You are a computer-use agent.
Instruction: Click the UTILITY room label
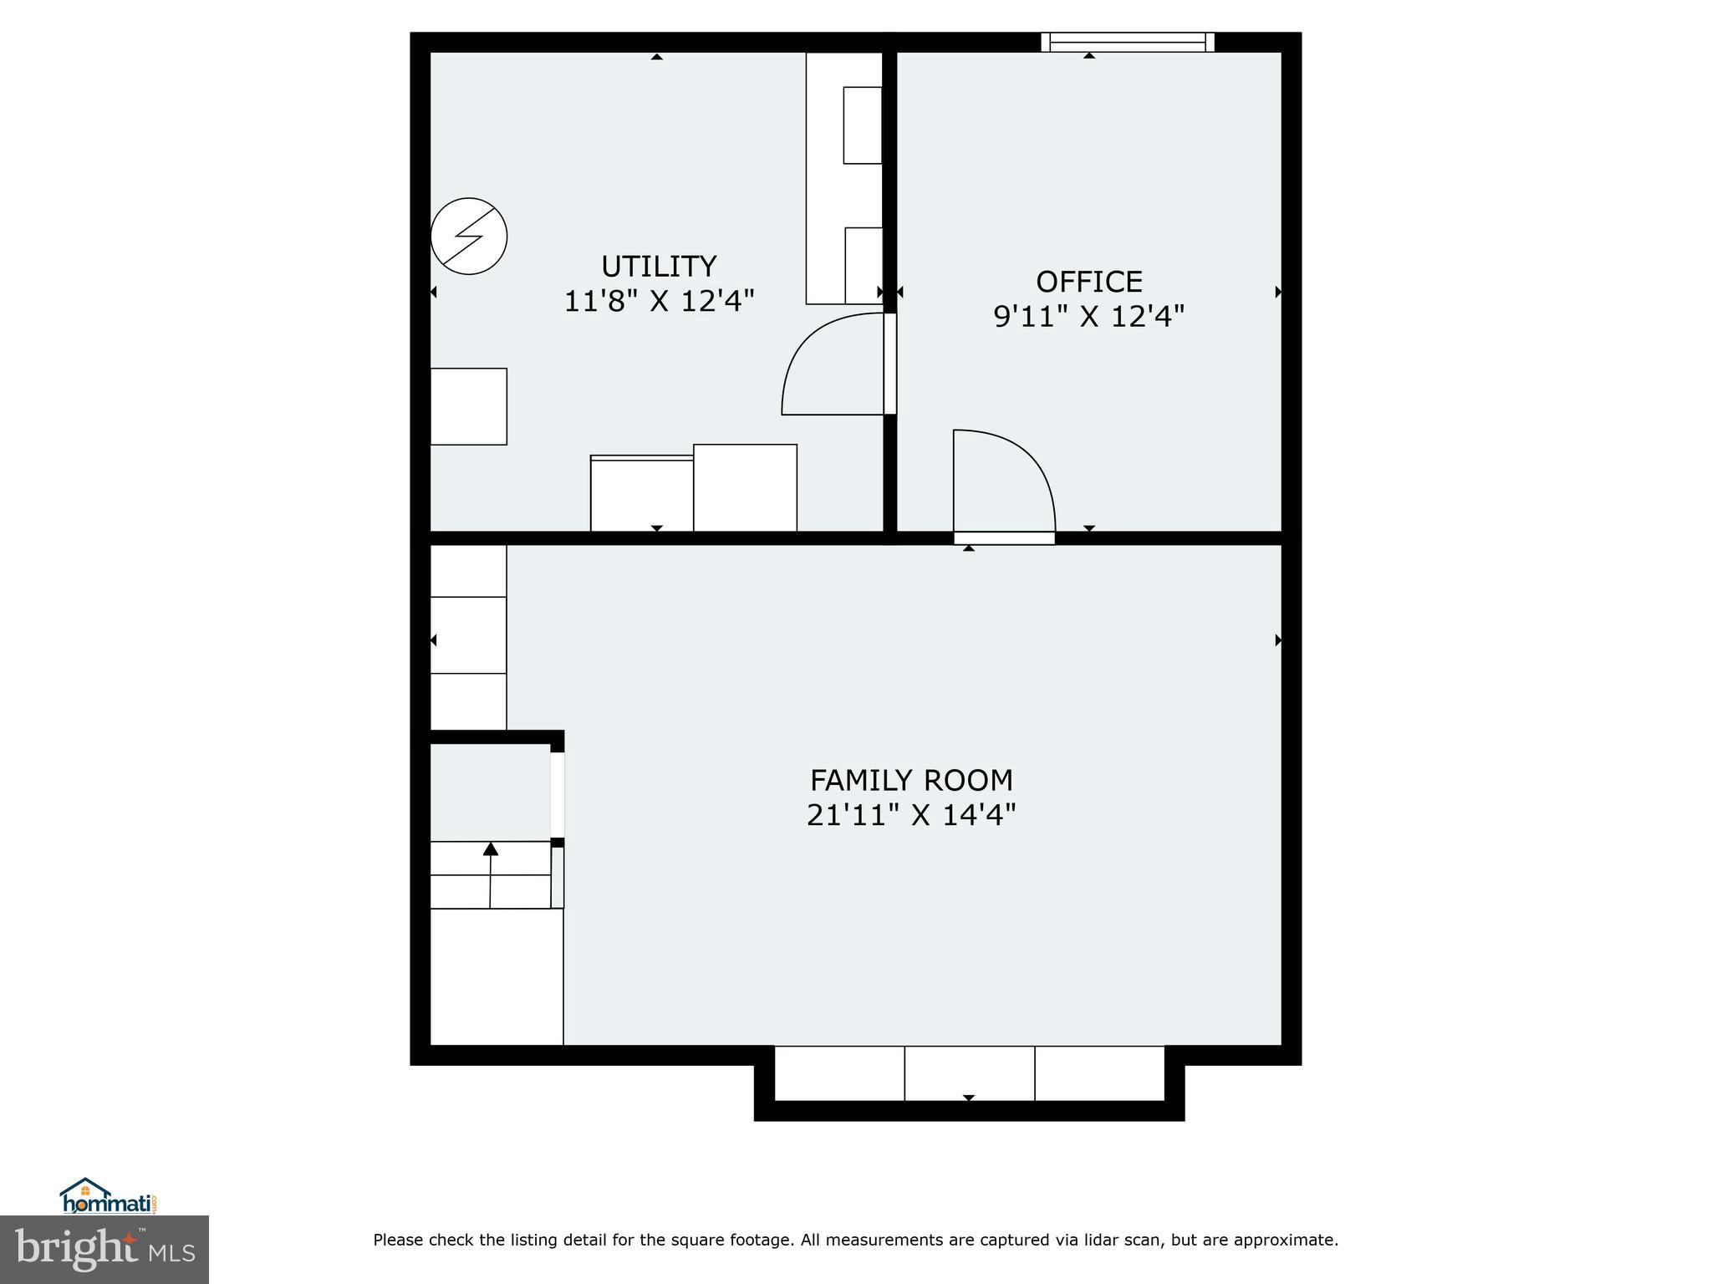[659, 267]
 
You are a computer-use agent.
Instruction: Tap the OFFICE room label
[1088, 282]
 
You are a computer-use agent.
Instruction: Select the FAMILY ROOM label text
[911, 780]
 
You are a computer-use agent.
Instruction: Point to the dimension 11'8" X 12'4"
[659, 301]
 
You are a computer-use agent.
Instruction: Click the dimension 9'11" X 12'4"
[1088, 317]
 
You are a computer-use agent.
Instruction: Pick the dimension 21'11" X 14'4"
[911, 814]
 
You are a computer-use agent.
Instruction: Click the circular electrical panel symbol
[469, 236]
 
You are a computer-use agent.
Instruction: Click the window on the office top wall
[1127, 42]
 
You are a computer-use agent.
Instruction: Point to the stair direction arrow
[491, 850]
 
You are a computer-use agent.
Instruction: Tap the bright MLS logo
[104, 1249]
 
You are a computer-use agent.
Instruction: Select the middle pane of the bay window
[970, 1073]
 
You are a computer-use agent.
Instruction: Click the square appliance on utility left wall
[468, 406]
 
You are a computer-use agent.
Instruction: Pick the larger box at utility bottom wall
[745, 487]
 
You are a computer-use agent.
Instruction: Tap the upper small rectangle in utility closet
[862, 125]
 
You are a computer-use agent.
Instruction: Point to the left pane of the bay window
[839, 1073]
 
